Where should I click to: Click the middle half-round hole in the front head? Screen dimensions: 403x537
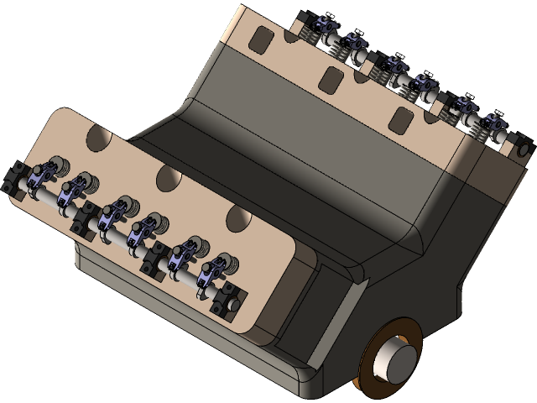[168, 177]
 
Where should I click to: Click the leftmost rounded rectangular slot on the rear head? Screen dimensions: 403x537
[263, 38]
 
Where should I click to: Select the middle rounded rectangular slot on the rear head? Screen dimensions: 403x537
[329, 77]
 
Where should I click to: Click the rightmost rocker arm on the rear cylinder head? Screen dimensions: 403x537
[495, 126]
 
